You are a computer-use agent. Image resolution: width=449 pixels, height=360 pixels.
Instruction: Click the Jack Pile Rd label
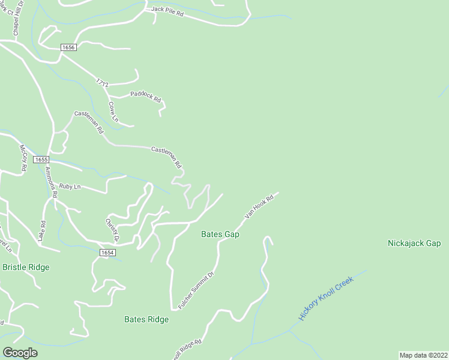(167, 11)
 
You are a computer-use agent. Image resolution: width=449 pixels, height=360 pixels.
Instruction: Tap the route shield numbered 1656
(68, 47)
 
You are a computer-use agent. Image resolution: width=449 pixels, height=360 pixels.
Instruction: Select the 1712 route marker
(101, 84)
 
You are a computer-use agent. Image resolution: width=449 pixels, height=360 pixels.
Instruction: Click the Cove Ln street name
(113, 112)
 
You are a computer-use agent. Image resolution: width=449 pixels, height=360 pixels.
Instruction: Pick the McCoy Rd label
(23, 158)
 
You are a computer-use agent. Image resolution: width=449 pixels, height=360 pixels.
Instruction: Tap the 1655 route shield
(41, 160)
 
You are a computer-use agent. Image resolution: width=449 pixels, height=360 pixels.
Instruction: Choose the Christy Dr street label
(112, 229)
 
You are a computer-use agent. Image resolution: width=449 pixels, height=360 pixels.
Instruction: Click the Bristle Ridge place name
(26, 267)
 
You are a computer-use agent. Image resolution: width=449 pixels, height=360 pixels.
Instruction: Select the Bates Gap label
(220, 234)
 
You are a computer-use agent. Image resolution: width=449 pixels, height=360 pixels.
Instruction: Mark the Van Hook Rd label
(255, 208)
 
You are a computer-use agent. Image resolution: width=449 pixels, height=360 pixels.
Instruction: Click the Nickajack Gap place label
(414, 243)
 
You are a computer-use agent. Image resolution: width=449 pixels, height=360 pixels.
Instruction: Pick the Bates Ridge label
(146, 319)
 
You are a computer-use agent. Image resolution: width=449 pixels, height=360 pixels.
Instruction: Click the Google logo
(20, 352)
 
